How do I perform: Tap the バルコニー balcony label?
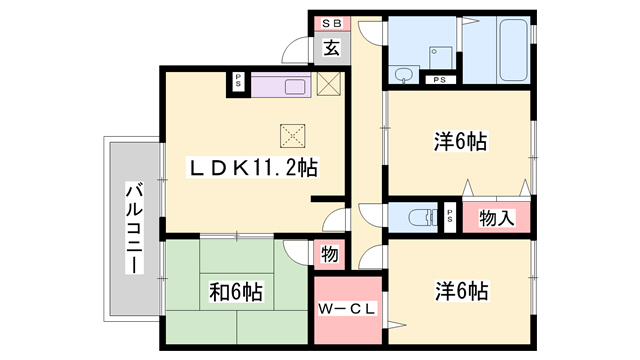click(132, 229)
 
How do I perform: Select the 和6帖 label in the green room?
click(236, 292)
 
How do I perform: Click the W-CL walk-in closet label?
click(347, 309)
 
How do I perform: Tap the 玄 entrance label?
click(330, 46)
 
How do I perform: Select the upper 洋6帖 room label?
click(461, 143)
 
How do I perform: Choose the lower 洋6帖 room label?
click(461, 292)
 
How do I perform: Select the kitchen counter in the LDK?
click(282, 85)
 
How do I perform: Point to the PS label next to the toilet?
click(450, 216)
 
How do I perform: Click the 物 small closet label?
click(330, 255)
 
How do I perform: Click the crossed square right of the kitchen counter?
click(329, 85)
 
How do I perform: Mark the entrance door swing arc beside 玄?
click(298, 50)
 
